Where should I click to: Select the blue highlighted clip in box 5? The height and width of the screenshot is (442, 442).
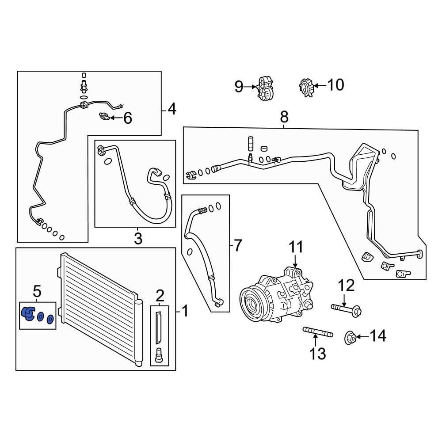point(28,314)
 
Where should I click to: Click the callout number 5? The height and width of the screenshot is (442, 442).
point(37,291)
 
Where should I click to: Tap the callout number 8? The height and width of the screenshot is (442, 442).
point(284,117)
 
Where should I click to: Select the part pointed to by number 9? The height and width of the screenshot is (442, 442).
point(266,87)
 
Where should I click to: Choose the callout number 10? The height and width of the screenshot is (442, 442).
point(335,84)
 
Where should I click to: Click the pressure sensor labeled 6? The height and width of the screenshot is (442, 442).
point(104,116)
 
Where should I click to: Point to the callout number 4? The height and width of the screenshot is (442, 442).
point(172,109)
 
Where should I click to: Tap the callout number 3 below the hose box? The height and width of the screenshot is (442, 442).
point(138,239)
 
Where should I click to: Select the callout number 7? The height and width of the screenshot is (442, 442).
point(238,245)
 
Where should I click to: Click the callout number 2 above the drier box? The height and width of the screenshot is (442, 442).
point(160,295)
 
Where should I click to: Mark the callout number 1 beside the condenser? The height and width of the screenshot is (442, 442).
point(185,311)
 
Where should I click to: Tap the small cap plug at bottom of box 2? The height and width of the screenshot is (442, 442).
point(160,355)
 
